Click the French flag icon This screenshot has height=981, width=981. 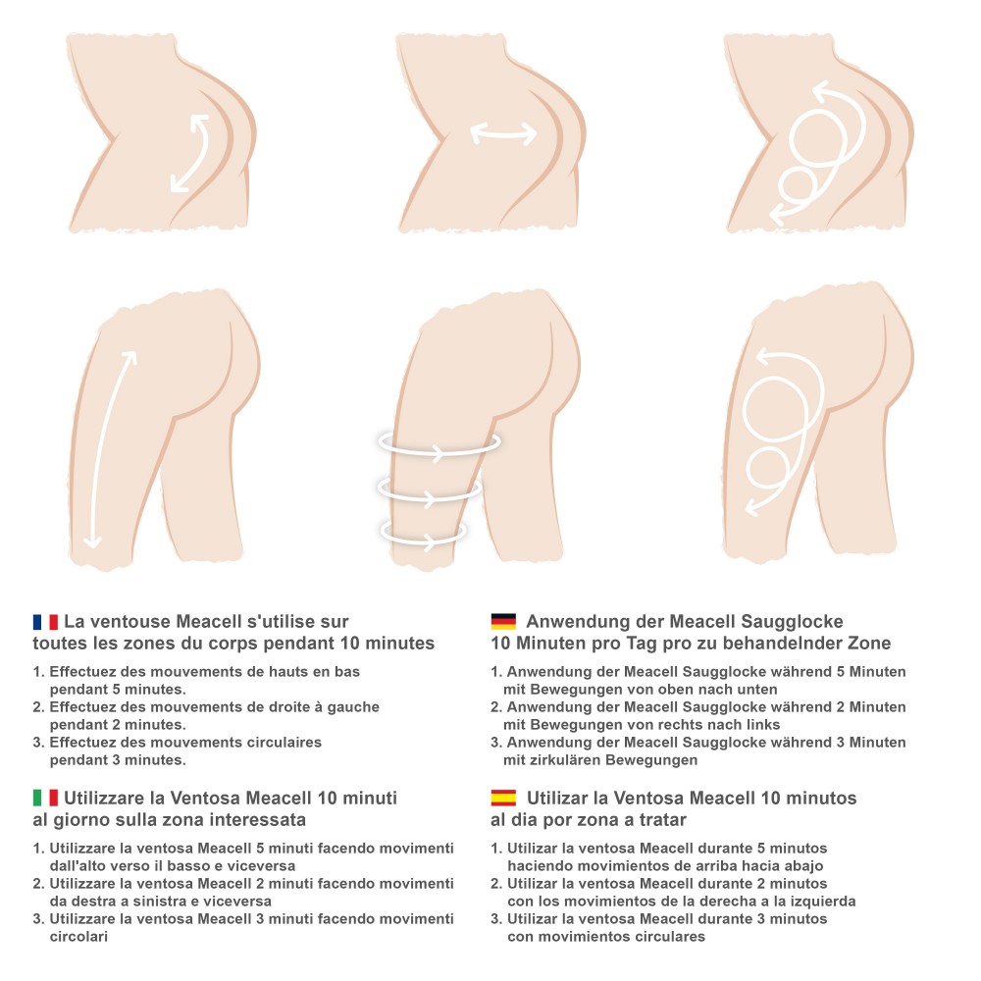[x=46, y=622]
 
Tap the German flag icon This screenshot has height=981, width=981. [x=503, y=622]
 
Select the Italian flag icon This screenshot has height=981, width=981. [x=46, y=799]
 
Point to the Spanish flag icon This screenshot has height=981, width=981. [x=503, y=799]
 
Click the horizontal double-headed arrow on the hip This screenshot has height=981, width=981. [x=503, y=133]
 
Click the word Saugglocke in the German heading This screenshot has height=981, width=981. [x=792, y=622]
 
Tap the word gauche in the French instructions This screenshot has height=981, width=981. [x=353, y=707]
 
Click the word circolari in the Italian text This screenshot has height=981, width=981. [x=78, y=937]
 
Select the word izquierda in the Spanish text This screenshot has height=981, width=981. [x=823, y=902]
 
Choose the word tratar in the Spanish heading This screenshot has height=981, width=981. [x=663, y=819]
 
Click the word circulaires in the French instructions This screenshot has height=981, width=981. [x=284, y=743]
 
